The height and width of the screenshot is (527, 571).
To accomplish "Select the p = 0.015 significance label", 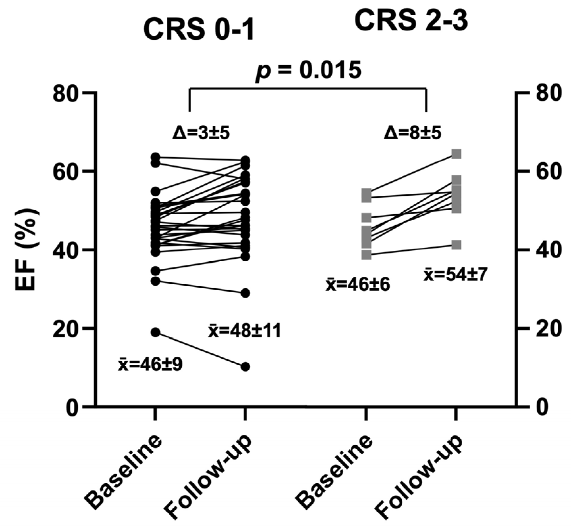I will coord(308,70).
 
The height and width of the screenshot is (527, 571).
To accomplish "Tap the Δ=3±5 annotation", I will coord(201,133).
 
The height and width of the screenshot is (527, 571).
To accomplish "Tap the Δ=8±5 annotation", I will coord(413,133).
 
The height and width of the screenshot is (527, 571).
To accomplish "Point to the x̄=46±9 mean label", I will coord(150,365).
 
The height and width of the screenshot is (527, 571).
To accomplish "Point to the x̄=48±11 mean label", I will coord(245,331).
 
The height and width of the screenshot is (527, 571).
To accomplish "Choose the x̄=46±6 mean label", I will coord(358,284).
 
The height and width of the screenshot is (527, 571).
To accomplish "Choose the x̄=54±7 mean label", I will coord(454,275).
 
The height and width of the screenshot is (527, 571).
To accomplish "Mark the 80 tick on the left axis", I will coord(67,93).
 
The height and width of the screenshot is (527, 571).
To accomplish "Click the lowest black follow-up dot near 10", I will coord(246,366).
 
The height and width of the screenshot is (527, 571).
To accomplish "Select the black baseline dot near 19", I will coord(155,332).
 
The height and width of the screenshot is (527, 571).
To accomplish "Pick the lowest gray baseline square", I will coord(366,255).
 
